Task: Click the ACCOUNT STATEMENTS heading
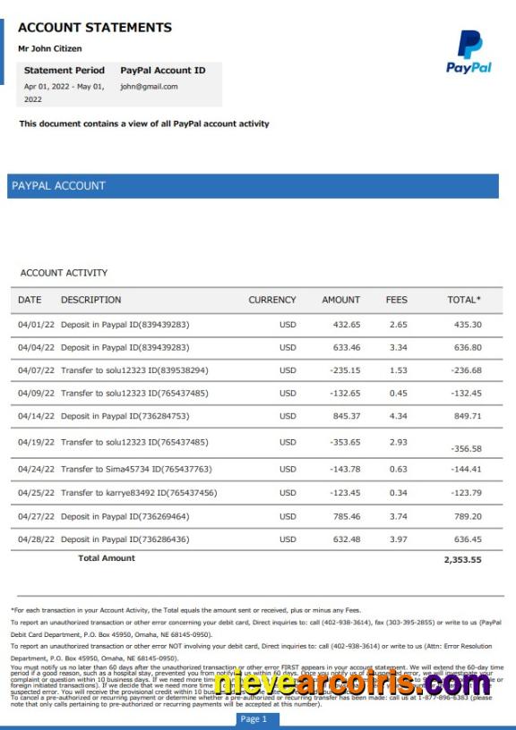95,28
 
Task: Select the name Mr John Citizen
50,48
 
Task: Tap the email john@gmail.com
149,87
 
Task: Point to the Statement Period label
64,70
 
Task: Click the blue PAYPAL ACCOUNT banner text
58,186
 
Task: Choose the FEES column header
397,300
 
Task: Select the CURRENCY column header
271,300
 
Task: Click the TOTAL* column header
464,300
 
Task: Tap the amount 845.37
346,416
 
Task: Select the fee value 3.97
398,539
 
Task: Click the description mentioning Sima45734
136,469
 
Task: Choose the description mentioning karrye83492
139,493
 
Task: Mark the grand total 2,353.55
462,560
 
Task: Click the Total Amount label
107,558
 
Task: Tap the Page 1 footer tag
254,719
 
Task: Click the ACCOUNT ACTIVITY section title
64,273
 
